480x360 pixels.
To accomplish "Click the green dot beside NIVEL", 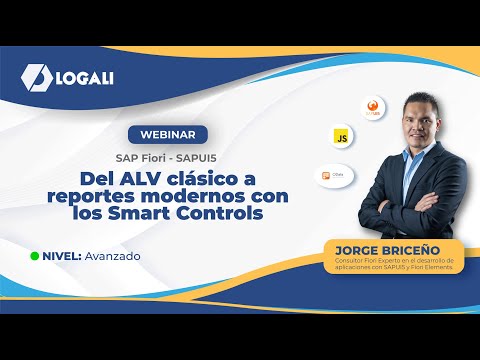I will pos(35,256).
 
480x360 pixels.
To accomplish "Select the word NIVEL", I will pos(62,256).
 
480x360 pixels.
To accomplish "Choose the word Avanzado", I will pos(113,256).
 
